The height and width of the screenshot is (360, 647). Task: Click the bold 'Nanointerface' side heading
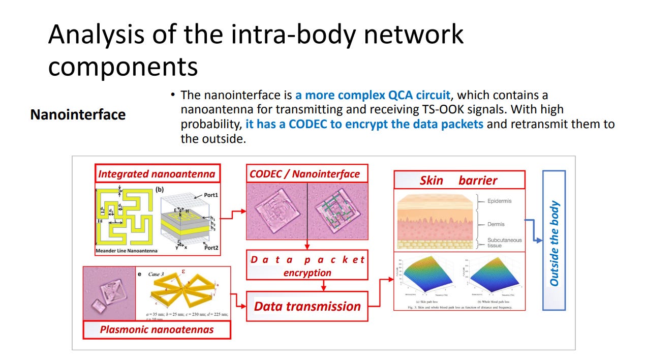(78, 114)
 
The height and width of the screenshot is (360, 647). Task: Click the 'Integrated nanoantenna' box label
(157, 174)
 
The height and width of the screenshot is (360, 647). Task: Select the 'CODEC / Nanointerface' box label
(304, 174)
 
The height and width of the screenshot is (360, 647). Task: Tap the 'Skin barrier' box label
(458, 181)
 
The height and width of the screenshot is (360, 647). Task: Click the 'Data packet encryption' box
(307, 265)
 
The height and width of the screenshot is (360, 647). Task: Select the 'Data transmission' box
(307, 306)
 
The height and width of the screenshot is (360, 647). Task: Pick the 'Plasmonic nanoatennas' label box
(157, 329)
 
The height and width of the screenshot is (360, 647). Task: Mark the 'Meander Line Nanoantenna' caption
(127, 251)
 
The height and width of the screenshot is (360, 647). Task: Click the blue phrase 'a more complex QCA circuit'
(373, 95)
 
